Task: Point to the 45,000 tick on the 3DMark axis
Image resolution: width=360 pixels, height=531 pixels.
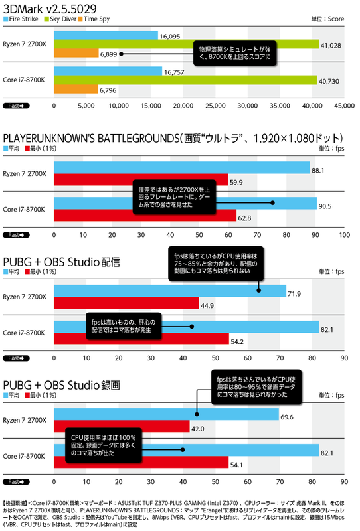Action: tap(343, 106)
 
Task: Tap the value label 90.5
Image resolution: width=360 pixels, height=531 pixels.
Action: tap(326, 206)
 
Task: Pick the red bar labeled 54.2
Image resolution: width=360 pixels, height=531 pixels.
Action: tap(140, 342)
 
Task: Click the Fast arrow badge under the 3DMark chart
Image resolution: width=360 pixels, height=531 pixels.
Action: tap(15, 106)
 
